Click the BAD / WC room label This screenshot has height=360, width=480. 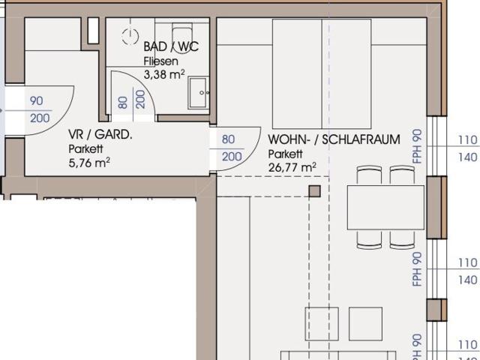(171, 47)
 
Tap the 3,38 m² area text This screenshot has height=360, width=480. (163, 74)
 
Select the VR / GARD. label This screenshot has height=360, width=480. (100, 135)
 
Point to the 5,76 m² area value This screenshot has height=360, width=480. (89, 161)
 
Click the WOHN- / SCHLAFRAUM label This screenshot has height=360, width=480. (334, 139)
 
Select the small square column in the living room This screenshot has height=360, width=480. (314, 190)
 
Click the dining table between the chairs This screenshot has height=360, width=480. (385, 208)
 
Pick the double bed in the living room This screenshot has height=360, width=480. (322, 73)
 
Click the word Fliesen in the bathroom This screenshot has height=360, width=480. (160, 61)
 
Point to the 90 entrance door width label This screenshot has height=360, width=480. (37, 101)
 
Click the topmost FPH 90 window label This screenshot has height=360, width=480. (418, 146)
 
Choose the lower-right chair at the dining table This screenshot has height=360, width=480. (402, 239)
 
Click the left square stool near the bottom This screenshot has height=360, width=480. (322, 323)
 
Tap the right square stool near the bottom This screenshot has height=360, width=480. (365, 323)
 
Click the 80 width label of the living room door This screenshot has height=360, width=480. (229, 139)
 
